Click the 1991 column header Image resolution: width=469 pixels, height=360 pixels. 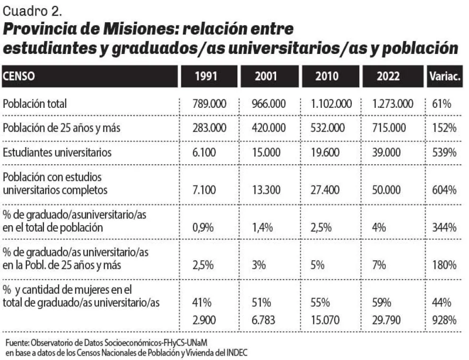(x=206, y=76)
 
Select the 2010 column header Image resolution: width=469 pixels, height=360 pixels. (x=327, y=76)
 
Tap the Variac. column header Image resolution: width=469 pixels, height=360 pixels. (x=445, y=76)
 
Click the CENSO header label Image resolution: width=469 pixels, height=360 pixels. (x=18, y=76)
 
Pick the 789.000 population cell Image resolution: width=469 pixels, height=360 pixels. (x=209, y=104)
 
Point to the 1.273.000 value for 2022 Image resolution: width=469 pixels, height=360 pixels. (x=392, y=104)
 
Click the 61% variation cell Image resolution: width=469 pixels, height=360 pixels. (x=442, y=104)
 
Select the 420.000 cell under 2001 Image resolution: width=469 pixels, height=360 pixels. (x=269, y=128)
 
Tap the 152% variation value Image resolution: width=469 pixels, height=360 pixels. (x=444, y=128)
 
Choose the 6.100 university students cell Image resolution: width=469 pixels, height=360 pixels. (x=204, y=152)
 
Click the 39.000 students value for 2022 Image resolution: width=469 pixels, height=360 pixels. (x=386, y=152)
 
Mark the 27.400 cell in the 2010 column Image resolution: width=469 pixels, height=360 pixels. (x=325, y=190)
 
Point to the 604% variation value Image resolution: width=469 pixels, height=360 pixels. (x=444, y=190)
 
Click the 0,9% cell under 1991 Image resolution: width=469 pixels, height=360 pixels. (x=203, y=228)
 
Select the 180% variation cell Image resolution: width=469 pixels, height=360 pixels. (x=444, y=265)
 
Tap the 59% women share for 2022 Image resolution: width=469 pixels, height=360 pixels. (x=382, y=303)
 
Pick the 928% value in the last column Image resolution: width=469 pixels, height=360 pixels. (x=444, y=320)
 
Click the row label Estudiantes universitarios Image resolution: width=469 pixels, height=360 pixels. (x=57, y=152)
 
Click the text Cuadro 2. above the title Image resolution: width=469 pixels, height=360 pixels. (x=33, y=11)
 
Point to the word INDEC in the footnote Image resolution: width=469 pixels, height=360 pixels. (x=237, y=352)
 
